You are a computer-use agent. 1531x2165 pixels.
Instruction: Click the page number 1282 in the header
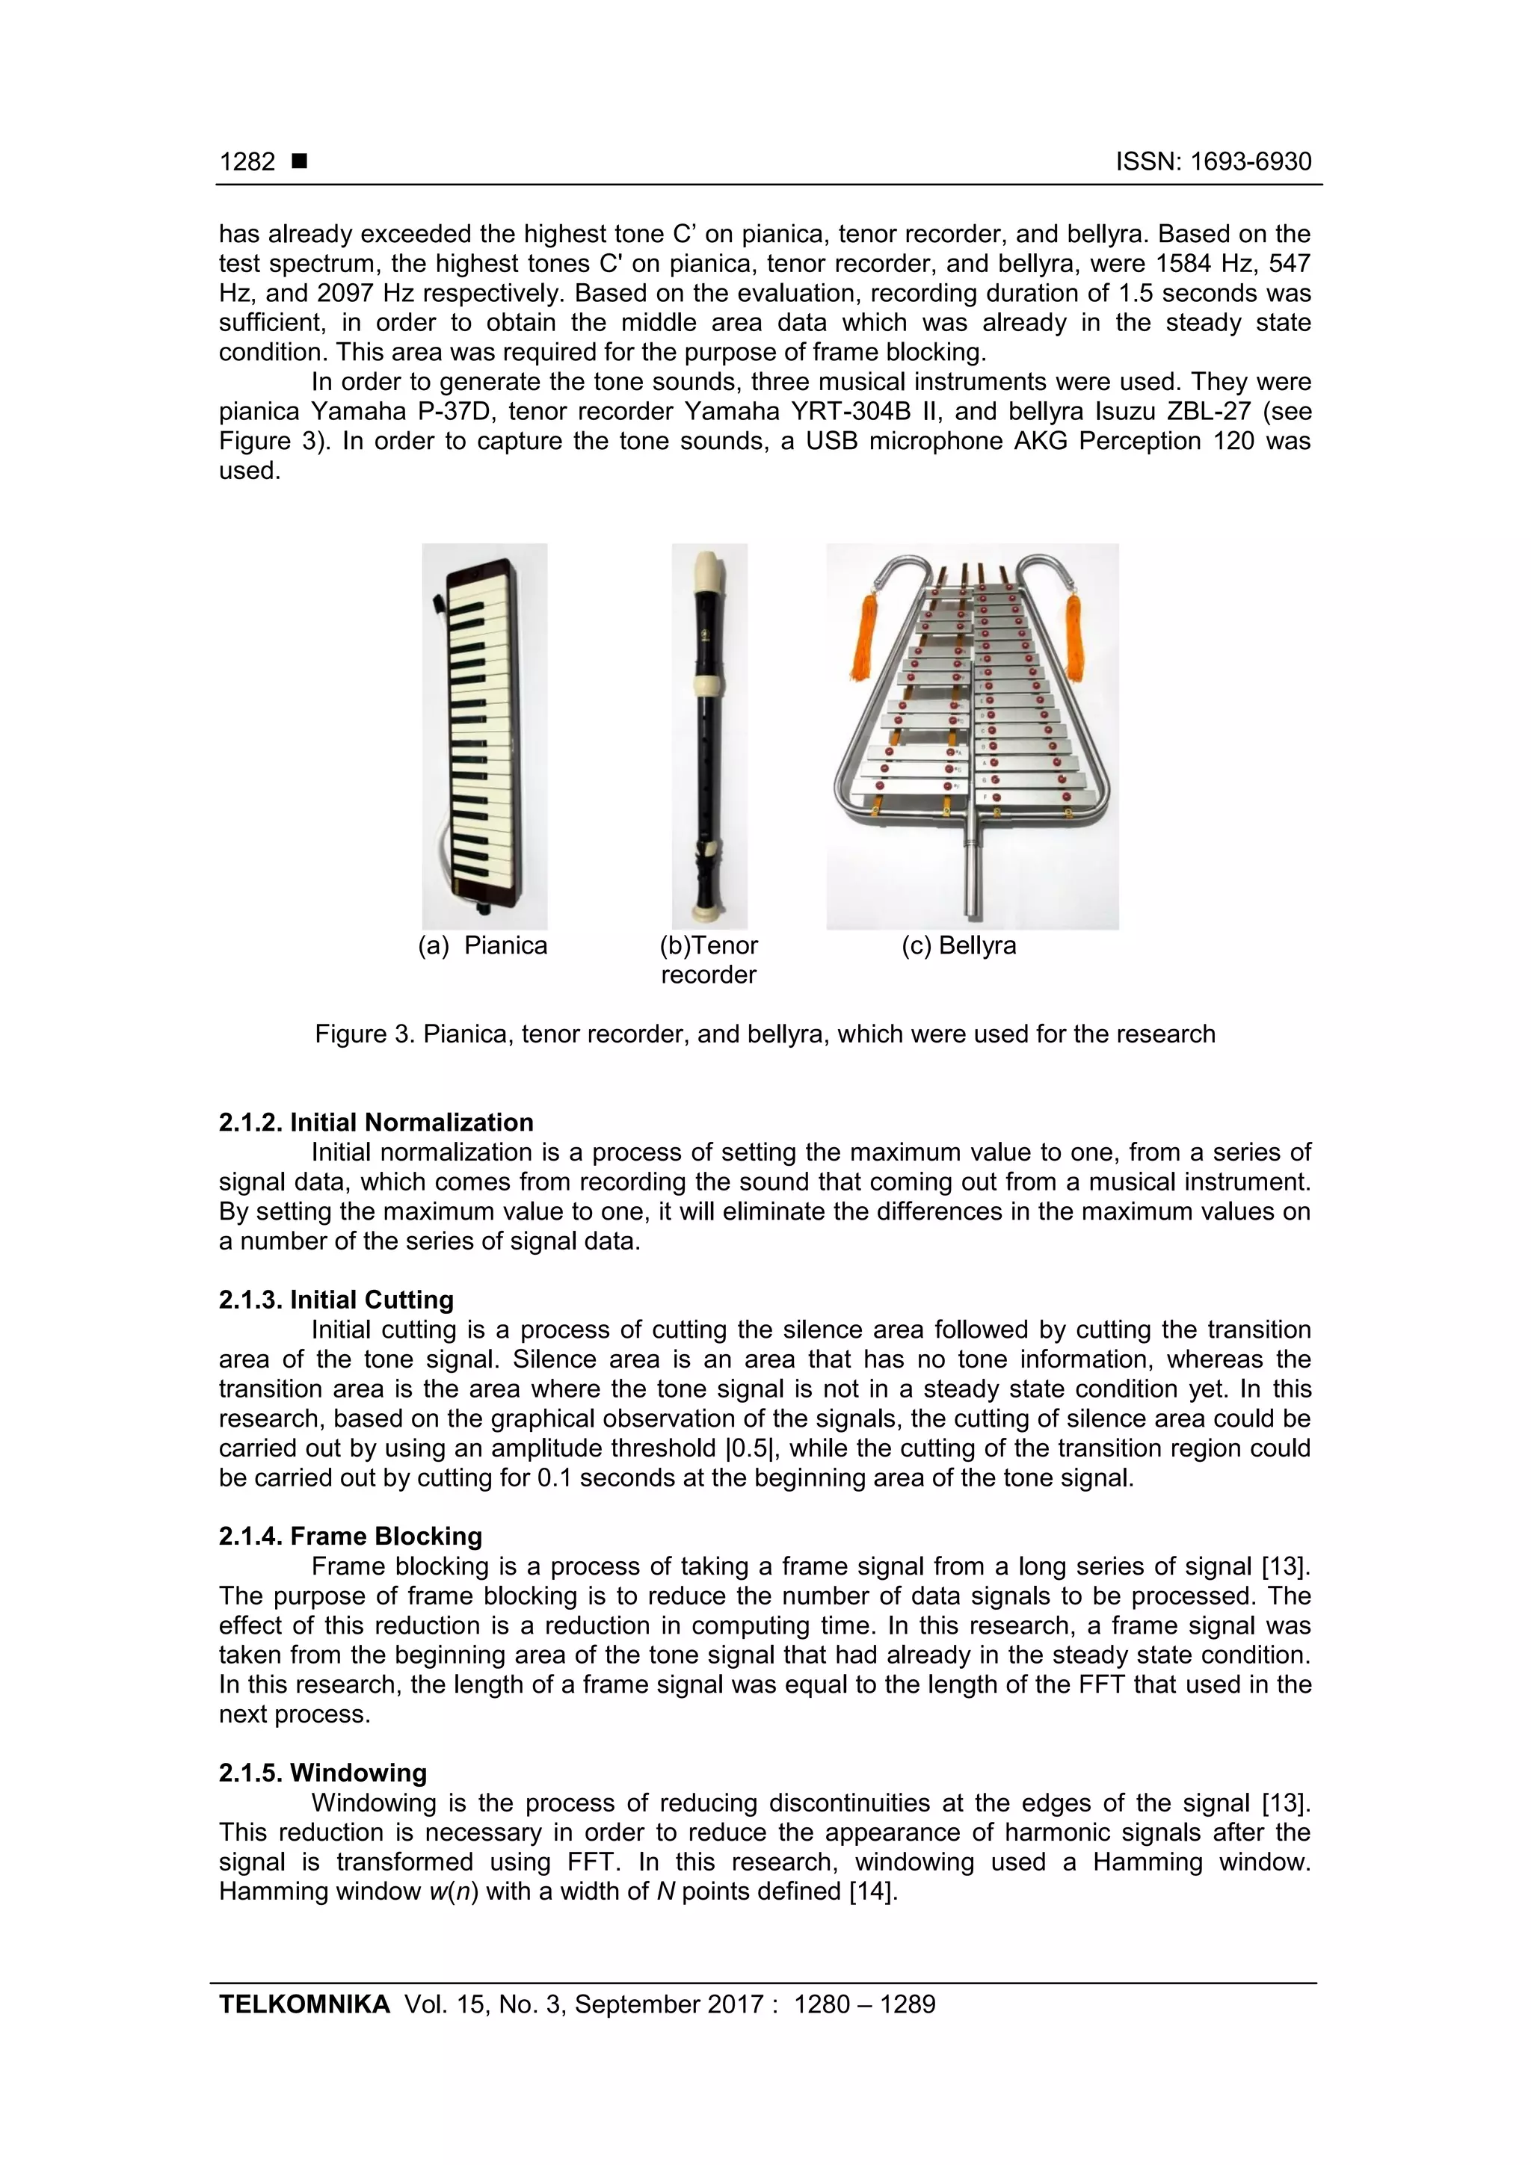pos(247,162)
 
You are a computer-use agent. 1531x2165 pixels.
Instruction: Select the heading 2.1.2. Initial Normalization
pos(375,1122)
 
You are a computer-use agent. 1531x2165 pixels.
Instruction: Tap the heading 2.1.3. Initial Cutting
pos(336,1300)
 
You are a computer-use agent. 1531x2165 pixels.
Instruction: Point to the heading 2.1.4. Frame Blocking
pos(350,1536)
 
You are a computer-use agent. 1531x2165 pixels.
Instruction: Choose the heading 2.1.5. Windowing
pos(323,1773)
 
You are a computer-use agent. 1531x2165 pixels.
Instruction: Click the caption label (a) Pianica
pos(483,946)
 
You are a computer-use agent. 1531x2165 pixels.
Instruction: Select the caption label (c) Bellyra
pos(958,946)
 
